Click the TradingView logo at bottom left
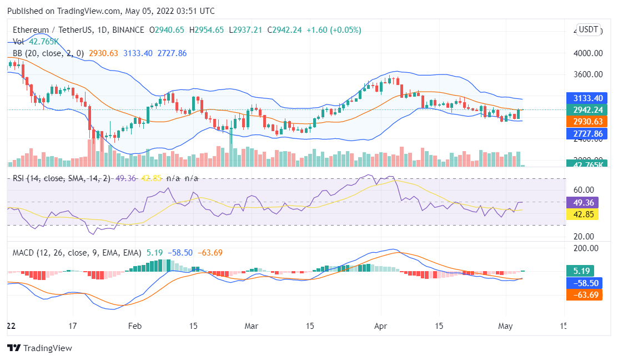tap(39, 348)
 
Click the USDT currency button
tap(588, 29)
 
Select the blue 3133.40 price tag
tap(584, 97)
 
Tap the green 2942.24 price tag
tap(584, 109)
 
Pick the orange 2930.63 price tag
tap(584, 121)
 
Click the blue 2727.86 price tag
tap(584, 133)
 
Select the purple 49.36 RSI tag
tap(581, 202)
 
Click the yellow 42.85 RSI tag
tap(581, 214)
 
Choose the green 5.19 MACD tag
tap(580, 271)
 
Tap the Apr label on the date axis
tap(380, 327)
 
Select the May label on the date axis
tap(505, 327)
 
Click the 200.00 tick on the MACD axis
tap(586, 248)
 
